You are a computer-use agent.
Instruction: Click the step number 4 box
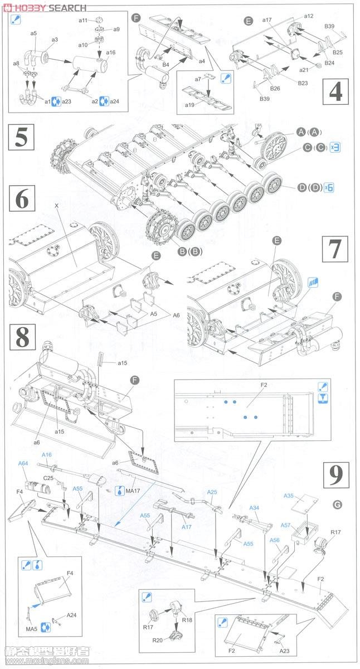point(335,93)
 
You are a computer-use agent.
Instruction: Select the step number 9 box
point(335,475)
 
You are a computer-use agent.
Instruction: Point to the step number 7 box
point(335,249)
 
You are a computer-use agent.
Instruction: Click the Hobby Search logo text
point(44,8)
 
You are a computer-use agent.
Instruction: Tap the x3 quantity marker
point(335,147)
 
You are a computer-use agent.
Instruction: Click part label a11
point(82,20)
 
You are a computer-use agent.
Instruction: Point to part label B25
point(337,52)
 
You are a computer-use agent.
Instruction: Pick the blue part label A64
point(23,463)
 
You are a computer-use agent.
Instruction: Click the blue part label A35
point(288,496)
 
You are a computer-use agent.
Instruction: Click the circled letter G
point(336,505)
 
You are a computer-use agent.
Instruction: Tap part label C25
point(48,478)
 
